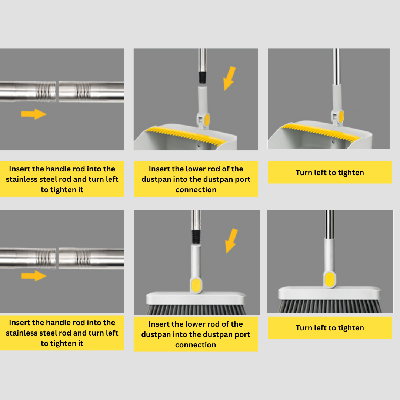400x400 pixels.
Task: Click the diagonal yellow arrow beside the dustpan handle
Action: coord(229,78)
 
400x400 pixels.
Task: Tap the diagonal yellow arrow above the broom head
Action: coord(231,241)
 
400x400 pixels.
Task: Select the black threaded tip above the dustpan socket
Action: coord(202,77)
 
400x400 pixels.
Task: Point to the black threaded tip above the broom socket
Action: coord(196,237)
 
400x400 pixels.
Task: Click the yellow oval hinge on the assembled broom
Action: coord(330,279)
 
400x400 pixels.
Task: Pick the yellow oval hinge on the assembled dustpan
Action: coord(341,116)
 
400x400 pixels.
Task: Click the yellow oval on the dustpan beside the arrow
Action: coord(207,120)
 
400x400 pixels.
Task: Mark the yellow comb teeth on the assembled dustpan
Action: coord(320,132)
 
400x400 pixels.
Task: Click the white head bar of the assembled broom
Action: coord(329,293)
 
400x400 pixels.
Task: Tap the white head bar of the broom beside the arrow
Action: coord(196,299)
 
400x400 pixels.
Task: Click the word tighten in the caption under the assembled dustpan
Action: coord(351,173)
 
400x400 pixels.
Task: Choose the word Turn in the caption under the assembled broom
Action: coord(304,328)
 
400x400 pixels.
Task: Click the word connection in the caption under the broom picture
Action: coord(196,345)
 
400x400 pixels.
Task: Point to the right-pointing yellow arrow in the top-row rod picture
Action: coord(34,114)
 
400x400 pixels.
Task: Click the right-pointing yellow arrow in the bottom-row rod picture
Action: coord(34,276)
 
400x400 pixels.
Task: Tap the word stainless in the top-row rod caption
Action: coord(21,179)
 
